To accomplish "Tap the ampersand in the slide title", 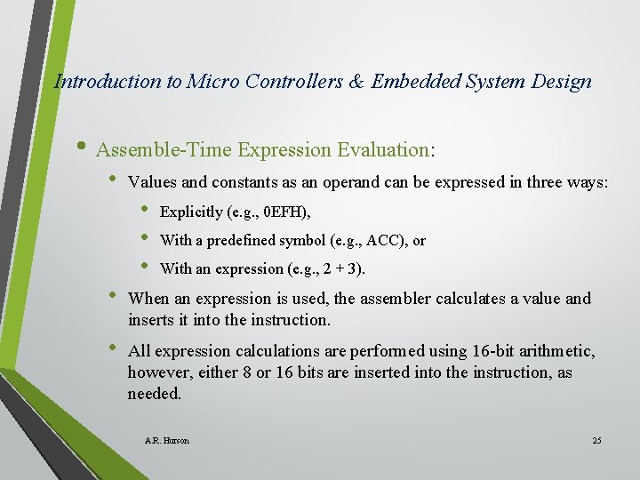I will pos(356,82).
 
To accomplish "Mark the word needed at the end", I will pos(154,393).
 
